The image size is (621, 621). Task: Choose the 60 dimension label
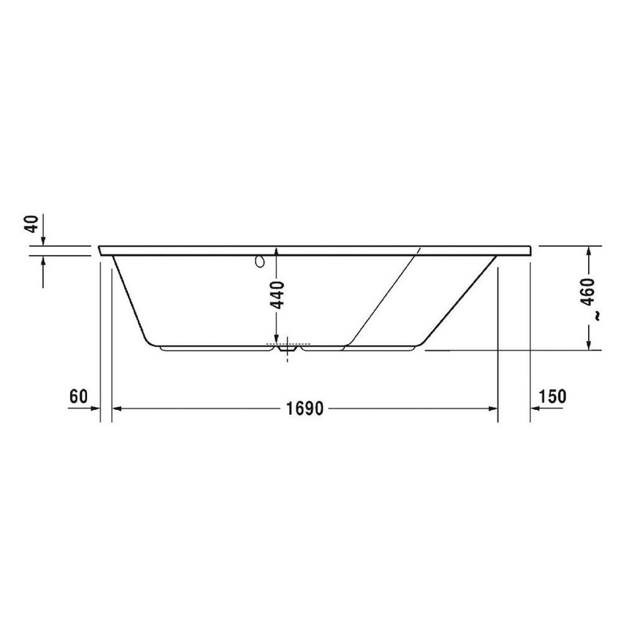click(x=78, y=397)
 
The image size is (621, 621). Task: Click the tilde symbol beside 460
click(x=596, y=316)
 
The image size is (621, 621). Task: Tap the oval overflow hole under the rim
click(x=258, y=262)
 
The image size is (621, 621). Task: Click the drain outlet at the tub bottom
click(x=288, y=350)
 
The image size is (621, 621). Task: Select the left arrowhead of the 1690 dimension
click(x=117, y=409)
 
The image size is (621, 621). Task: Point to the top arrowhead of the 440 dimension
click(x=278, y=252)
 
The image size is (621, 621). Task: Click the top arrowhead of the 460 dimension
click(x=588, y=251)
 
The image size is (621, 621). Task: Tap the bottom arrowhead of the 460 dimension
click(x=588, y=345)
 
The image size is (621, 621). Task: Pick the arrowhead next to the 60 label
click(x=95, y=409)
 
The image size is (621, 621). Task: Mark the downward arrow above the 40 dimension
click(x=44, y=240)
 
